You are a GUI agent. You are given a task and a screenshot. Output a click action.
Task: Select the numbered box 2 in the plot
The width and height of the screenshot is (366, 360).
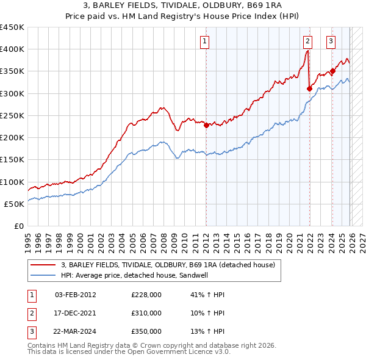pyautogui.click(x=307, y=41)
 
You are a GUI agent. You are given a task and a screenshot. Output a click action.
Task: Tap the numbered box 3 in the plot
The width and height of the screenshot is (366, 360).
pyautogui.click(x=331, y=41)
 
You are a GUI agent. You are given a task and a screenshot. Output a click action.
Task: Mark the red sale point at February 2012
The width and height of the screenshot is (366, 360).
pyautogui.click(x=206, y=126)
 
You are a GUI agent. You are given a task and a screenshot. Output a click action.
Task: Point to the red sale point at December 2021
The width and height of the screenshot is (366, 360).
pyautogui.click(x=310, y=89)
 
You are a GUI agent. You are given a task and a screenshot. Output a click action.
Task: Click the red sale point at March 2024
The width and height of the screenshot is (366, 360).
pyautogui.click(x=332, y=71)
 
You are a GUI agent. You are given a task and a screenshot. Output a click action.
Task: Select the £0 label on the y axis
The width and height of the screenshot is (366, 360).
pyautogui.click(x=18, y=226)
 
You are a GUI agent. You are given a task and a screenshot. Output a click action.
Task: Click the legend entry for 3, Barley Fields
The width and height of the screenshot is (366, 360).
pyautogui.click(x=168, y=265)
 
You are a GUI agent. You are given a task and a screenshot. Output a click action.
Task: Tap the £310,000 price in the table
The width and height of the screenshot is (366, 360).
pyautogui.click(x=146, y=312)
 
